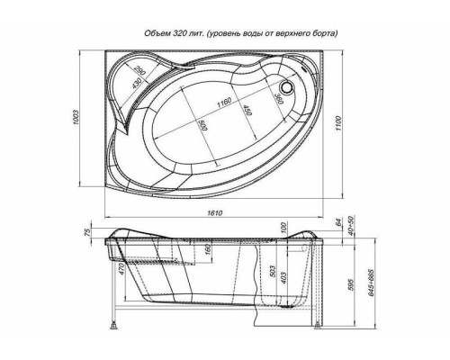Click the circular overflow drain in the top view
coord(288,89)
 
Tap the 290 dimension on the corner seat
coord(140,70)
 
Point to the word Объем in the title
coord(158,33)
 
